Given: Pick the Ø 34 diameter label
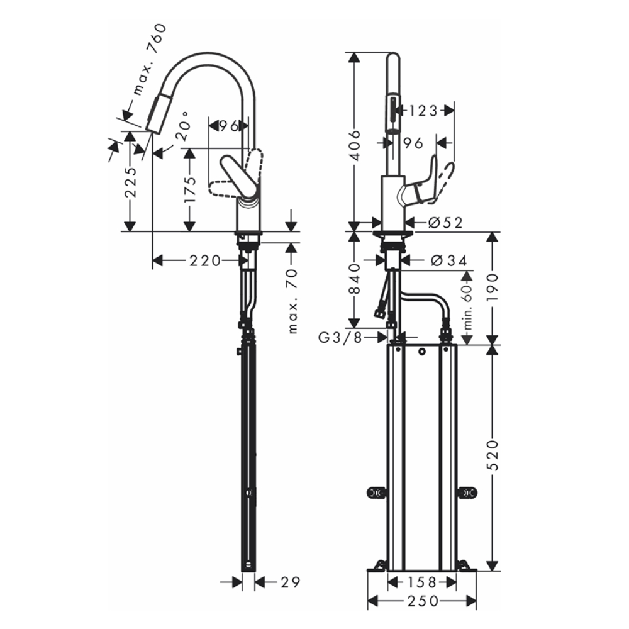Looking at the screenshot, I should [444, 259].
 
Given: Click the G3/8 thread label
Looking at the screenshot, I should [339, 338].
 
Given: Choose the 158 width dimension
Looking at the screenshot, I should [421, 582].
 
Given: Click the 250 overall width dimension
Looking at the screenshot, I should [421, 601].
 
